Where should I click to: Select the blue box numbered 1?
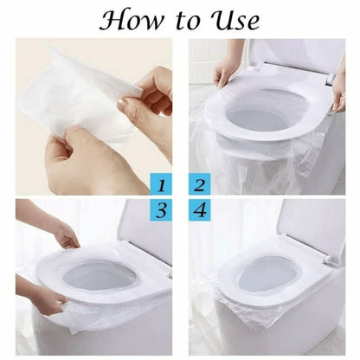pos(162,184)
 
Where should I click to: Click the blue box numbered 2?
pos(199,184)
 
